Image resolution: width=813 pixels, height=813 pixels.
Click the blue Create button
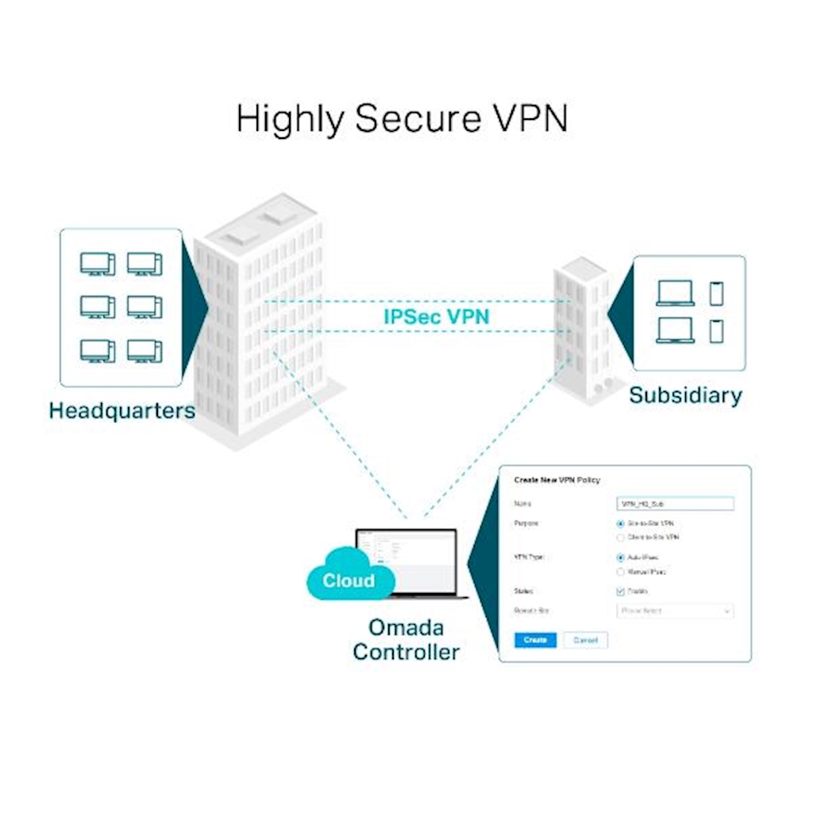coord(534,640)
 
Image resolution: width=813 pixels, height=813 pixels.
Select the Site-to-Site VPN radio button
coord(620,524)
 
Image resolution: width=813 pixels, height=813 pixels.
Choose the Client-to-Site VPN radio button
coord(620,538)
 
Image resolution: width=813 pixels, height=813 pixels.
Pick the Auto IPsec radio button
coord(620,557)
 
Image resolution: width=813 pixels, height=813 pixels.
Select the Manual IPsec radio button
coord(620,572)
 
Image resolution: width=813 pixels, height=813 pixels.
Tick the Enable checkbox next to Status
coord(621,591)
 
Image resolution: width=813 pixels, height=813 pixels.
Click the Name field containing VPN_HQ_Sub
coord(675,503)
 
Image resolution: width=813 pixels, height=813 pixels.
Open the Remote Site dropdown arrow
coord(726,611)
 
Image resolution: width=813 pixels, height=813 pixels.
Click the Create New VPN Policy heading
coord(557,480)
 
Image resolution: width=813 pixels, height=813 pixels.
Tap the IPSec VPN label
coord(436,316)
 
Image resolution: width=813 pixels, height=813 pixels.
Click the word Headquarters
coord(121,410)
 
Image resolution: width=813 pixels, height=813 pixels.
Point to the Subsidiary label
coord(685,395)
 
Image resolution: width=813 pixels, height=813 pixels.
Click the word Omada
coord(406,627)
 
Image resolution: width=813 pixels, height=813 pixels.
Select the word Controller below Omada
coord(406,653)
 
